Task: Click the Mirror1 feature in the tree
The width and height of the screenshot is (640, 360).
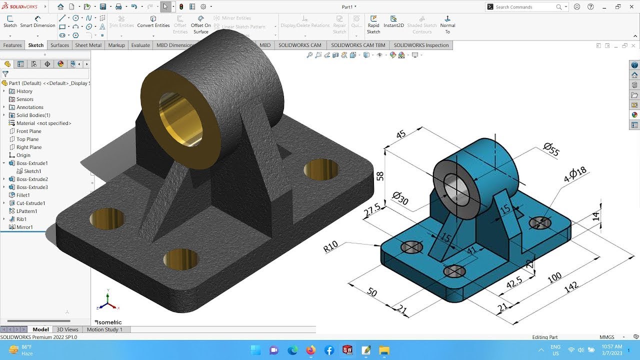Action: point(24,227)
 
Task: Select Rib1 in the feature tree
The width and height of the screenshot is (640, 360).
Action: point(21,219)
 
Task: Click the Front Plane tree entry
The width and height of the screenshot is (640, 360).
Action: point(28,131)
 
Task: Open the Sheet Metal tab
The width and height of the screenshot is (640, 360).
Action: point(88,45)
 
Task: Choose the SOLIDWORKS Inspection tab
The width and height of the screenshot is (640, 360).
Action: point(421,45)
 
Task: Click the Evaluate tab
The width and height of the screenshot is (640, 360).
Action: point(140,45)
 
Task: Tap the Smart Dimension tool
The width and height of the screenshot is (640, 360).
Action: point(37,22)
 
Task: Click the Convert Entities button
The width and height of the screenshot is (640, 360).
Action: point(153,22)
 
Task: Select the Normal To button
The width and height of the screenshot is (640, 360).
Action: point(447,24)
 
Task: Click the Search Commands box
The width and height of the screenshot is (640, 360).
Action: point(525,7)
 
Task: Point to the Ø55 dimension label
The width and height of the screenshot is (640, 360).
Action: point(550,149)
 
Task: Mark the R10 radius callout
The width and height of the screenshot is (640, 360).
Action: point(330,246)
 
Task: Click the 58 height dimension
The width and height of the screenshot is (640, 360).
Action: point(380,175)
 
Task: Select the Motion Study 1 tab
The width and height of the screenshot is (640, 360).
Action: point(104,329)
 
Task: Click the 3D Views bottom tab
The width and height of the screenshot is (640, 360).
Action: point(67,329)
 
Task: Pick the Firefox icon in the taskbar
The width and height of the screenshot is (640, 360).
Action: point(310,350)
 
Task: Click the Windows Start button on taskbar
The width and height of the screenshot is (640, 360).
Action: point(255,350)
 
